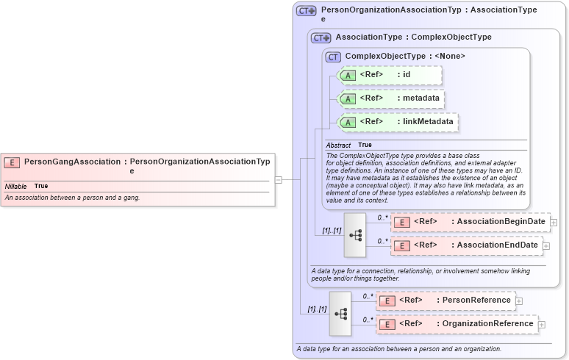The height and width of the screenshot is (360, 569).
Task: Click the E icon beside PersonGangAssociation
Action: point(12,162)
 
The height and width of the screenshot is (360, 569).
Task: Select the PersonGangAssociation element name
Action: point(72,162)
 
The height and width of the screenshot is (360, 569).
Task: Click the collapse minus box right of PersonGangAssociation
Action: point(279,179)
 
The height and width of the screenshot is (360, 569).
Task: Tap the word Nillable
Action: point(16,187)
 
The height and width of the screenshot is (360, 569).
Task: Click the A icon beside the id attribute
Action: point(348,75)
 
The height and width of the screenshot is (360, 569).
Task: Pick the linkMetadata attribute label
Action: point(429,121)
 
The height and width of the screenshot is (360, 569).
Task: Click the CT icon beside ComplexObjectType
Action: point(334,57)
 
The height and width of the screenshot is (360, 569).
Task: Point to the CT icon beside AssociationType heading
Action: point(321,37)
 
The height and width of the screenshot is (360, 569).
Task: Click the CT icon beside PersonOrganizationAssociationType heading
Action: point(306,11)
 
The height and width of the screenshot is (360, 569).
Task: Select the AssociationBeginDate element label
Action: point(501,222)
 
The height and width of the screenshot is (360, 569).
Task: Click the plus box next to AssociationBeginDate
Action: point(554,222)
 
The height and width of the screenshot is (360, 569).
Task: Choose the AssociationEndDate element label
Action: point(498,245)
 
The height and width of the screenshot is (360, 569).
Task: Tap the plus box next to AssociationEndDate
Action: point(546,245)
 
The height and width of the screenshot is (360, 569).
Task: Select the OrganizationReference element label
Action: point(487,323)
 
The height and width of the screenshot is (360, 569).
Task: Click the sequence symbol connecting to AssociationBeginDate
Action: point(355,235)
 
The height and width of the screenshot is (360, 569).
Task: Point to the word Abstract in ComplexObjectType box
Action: point(339,145)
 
